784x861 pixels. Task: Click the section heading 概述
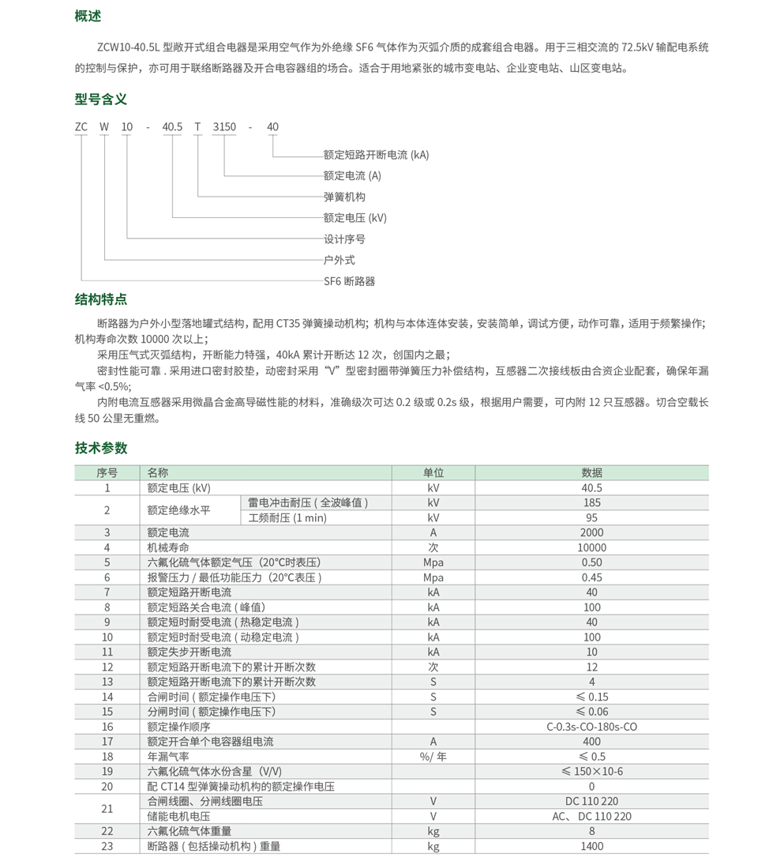[88, 17]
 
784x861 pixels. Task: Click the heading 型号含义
[101, 100]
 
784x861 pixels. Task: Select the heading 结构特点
[101, 299]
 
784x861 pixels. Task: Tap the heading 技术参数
[101, 448]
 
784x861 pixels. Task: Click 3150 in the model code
[224, 127]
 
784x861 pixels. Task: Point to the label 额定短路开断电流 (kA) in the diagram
[376, 155]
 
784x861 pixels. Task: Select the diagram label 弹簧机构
[344, 197]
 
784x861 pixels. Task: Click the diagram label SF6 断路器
[349, 280]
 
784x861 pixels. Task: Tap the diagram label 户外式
[339, 260]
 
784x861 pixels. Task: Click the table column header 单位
[433, 472]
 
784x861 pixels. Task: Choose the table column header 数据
[591, 472]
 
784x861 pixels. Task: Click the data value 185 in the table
[591, 502]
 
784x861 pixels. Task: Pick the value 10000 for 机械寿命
[591, 547]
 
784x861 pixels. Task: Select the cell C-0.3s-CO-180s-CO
[591, 727]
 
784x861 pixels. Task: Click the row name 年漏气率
[169, 756]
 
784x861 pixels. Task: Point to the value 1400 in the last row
[591, 846]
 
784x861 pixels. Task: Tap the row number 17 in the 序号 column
[107, 742]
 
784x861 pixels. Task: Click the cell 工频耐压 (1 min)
[287, 518]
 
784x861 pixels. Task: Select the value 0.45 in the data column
[591, 577]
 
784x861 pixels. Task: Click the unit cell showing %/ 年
[433, 756]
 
